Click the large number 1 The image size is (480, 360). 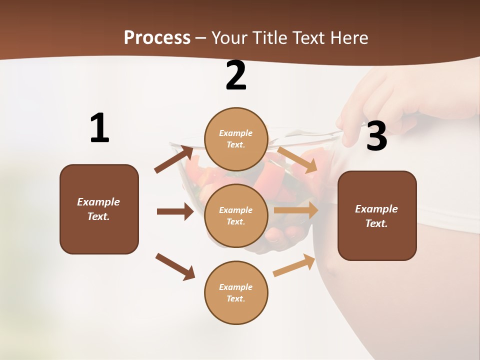tap(99, 128)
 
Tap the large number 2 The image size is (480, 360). tap(236, 75)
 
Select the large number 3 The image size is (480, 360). tap(376, 136)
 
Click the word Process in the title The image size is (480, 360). tap(157, 37)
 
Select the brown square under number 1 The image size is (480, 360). tap(99, 209)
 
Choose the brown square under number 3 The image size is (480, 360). tap(377, 215)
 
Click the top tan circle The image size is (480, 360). tap(236, 139)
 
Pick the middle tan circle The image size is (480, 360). tap(236, 215)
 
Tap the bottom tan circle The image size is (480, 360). tap(236, 292)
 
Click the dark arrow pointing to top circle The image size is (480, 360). tap(174, 159)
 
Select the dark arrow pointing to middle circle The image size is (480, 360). tap(175, 211)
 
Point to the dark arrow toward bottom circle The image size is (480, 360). tap(175, 266)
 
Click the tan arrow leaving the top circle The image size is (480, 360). tap(297, 159)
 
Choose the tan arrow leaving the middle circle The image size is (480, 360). tap(296, 210)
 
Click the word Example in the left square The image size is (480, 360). tap(98, 202)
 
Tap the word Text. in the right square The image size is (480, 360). tap(376, 223)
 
